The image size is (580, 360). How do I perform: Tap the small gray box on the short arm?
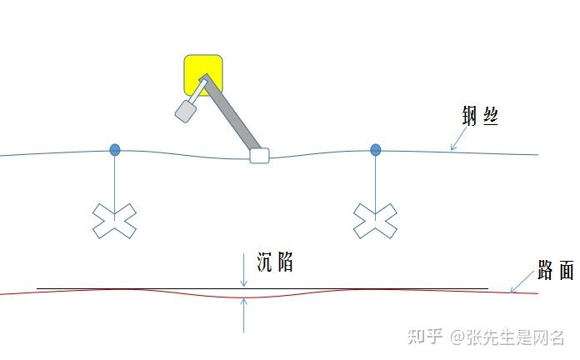(185, 112)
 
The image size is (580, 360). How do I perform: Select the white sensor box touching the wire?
(260, 155)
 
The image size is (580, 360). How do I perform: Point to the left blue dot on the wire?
(115, 150)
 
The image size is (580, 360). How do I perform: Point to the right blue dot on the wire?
(376, 150)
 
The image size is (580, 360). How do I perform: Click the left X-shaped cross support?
(114, 220)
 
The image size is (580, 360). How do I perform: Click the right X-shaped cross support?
(375, 221)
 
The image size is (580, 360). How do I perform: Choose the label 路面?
(555, 271)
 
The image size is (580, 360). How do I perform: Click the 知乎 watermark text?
(425, 337)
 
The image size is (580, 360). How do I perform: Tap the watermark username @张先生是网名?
(507, 337)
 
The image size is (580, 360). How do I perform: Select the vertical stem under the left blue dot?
(115, 179)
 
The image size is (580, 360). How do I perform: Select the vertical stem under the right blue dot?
(376, 179)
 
